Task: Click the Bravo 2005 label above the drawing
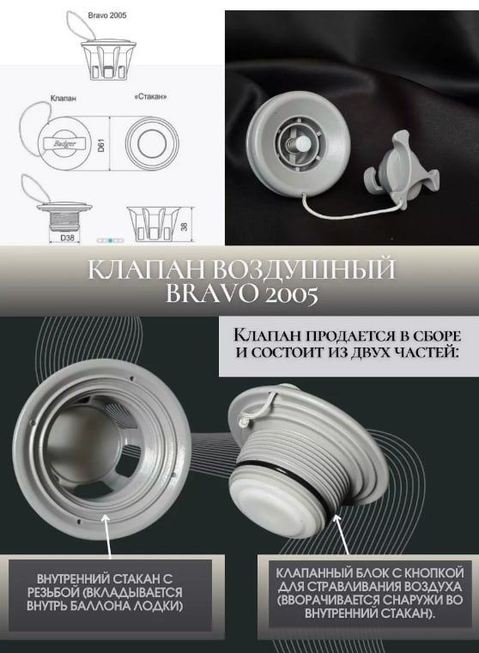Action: (x=107, y=15)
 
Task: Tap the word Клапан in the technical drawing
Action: (x=63, y=99)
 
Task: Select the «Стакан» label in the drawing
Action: (x=151, y=97)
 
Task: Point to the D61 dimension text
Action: (x=100, y=145)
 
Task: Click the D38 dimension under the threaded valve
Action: (x=67, y=238)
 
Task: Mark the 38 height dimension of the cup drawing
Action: (x=184, y=227)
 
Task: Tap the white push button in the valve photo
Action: (x=303, y=145)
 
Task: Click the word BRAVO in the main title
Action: (x=207, y=294)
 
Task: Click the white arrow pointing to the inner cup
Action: (x=108, y=537)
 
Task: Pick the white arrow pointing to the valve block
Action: (x=341, y=535)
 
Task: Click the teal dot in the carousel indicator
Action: (x=111, y=240)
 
